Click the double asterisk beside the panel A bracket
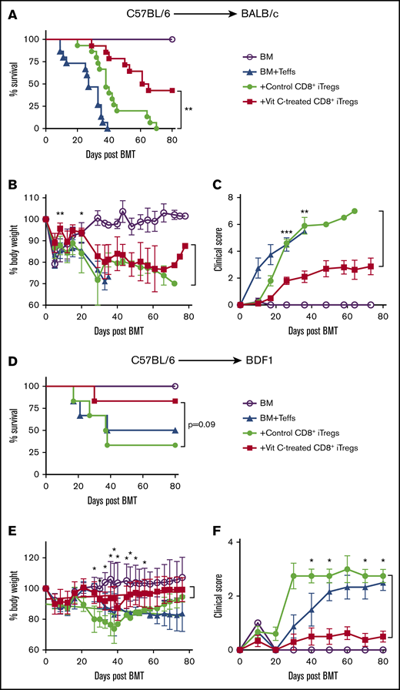188,109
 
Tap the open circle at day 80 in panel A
172,39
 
